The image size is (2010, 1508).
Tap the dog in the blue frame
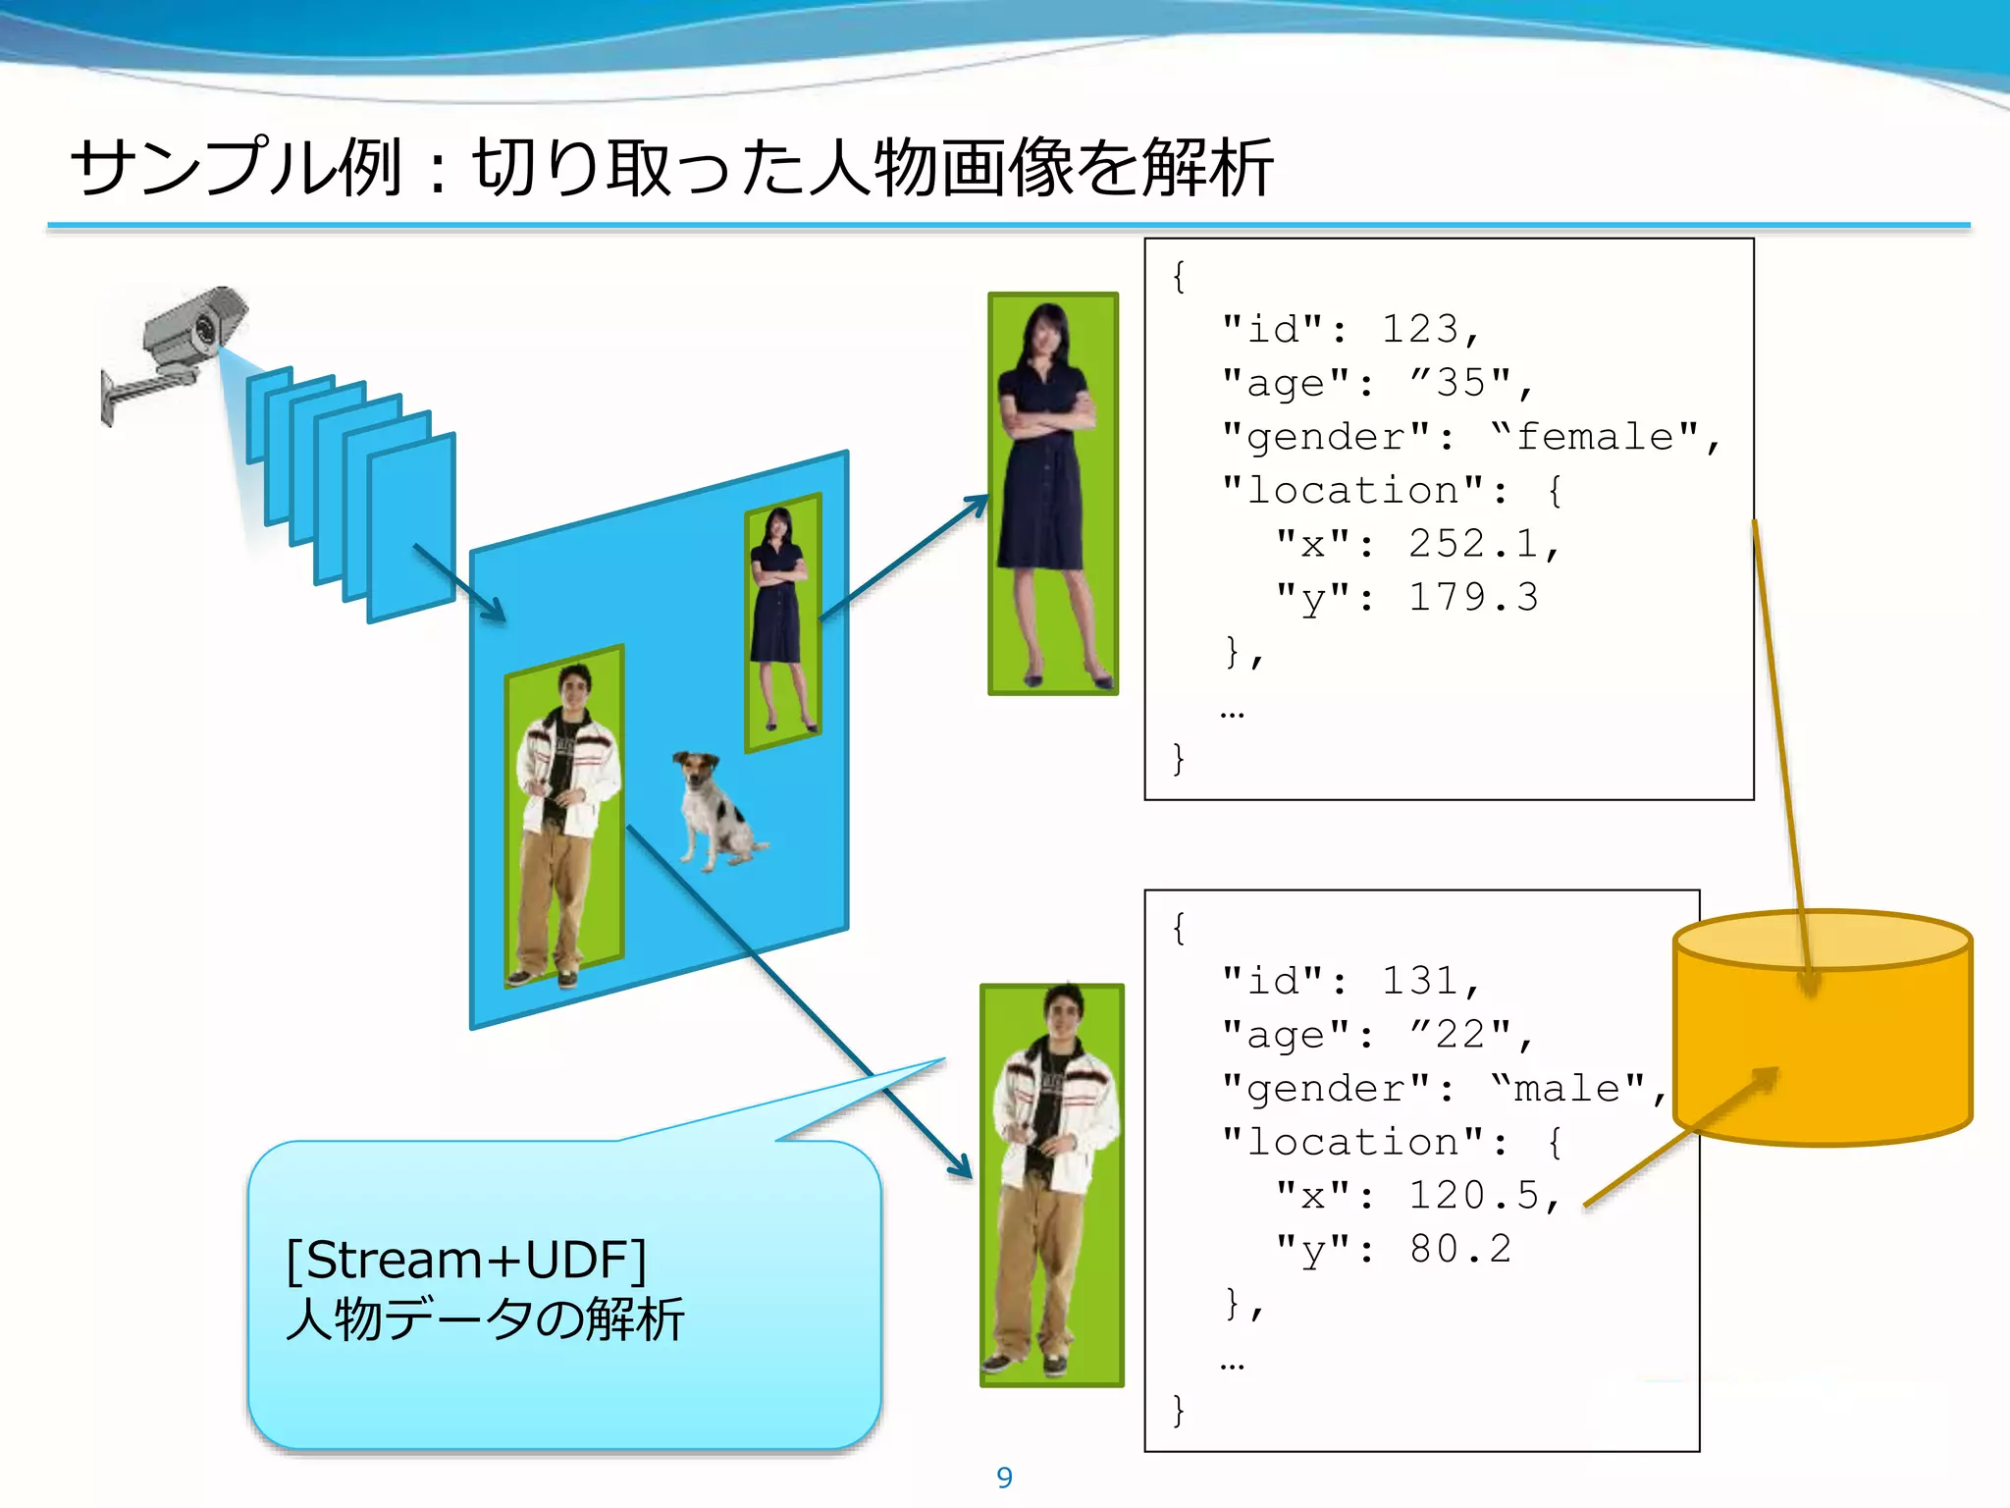point(716,810)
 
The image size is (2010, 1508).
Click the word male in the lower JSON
point(1567,1088)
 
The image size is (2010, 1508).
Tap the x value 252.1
point(1473,544)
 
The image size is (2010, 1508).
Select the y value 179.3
point(1473,598)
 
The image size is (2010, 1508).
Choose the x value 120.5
point(1473,1196)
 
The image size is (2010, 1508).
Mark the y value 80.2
point(1460,1249)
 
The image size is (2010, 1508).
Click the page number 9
point(1004,1478)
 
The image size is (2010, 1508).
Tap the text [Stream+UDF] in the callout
point(466,1260)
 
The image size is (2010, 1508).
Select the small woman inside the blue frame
point(780,619)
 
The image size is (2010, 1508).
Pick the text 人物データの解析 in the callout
point(485,1319)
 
